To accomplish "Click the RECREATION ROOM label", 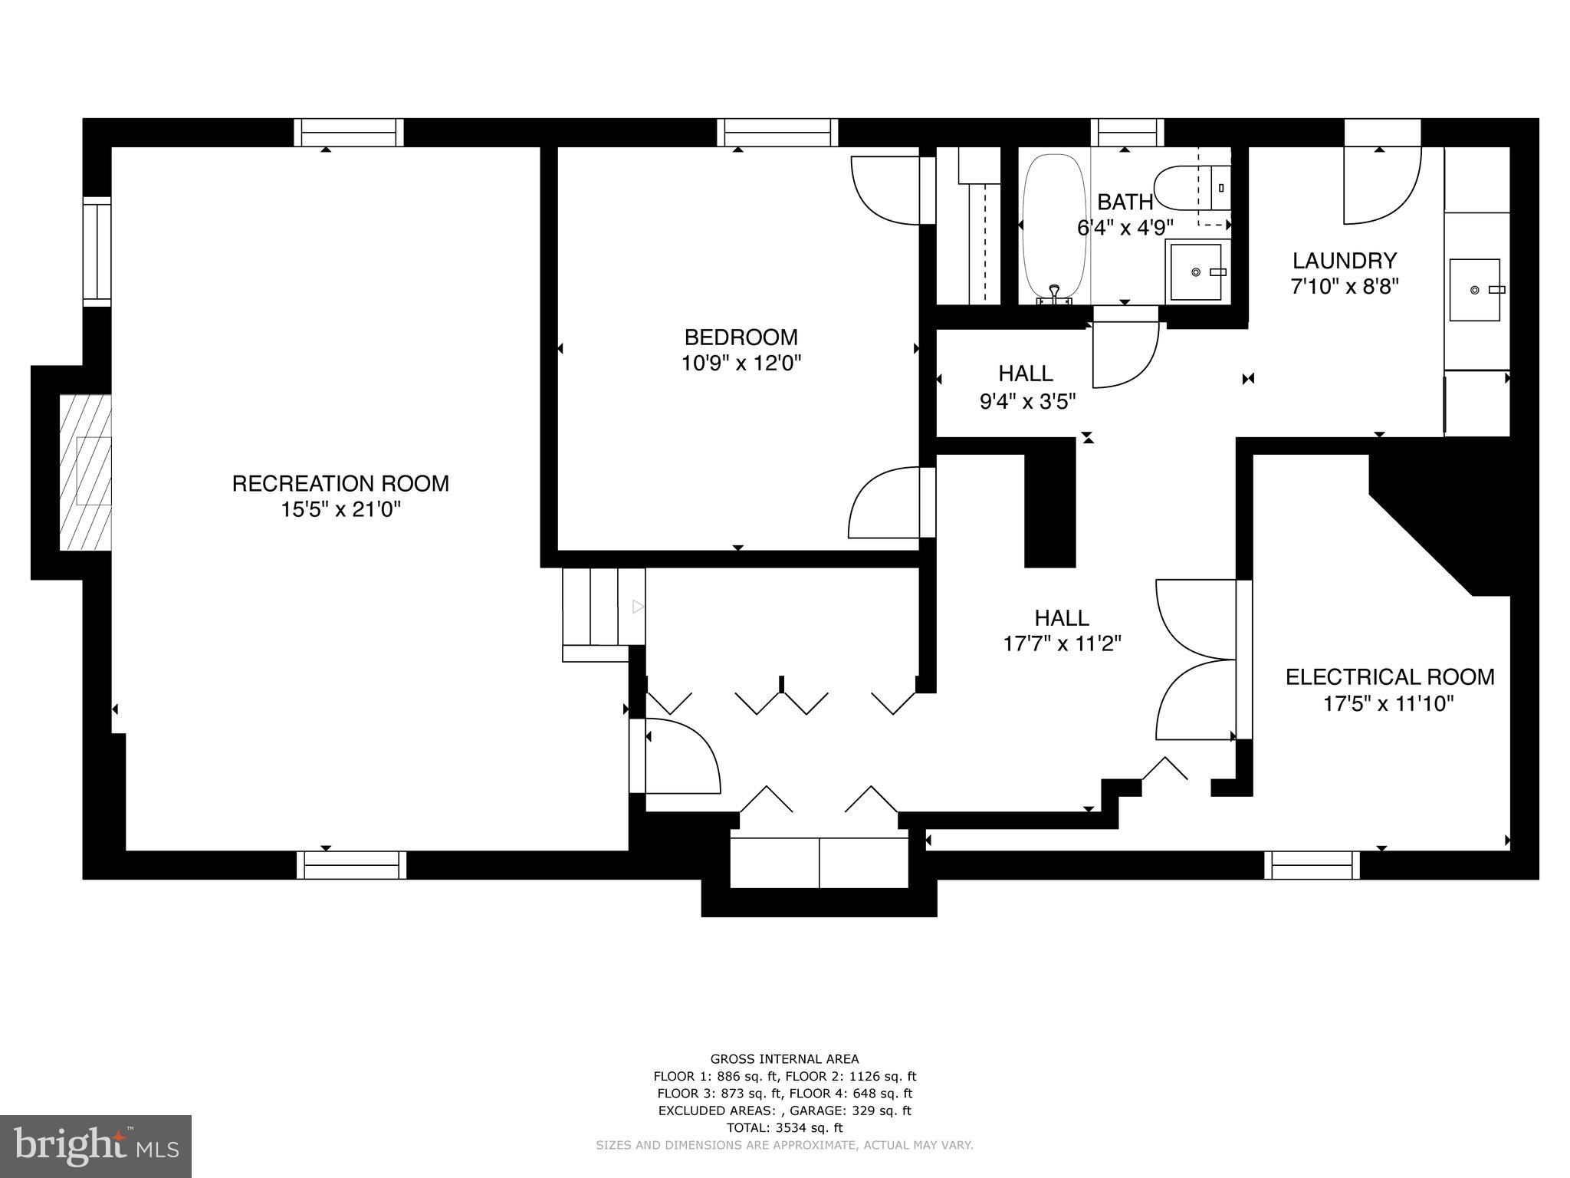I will point(340,483).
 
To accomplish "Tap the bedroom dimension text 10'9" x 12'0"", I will point(741,363).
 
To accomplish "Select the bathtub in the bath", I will point(1054,226).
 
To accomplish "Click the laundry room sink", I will point(1474,290).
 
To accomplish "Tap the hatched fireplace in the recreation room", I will point(86,472).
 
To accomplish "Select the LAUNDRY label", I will point(1345,261).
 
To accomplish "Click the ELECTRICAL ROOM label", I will point(1390,677).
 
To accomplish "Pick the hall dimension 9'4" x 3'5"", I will point(1027,401).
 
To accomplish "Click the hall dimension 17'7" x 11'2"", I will point(1062,643).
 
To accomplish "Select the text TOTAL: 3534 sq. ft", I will point(784,1127).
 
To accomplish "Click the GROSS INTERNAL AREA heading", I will point(784,1059).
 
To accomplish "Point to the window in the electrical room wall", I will point(1312,865).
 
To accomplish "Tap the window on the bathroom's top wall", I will point(1127,133).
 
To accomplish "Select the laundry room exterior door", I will point(1381,184).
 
